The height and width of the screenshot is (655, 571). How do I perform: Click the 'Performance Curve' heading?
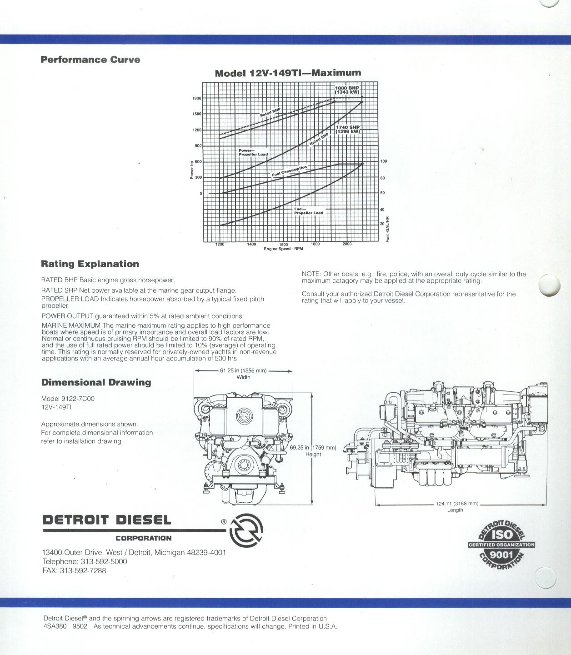pyautogui.click(x=90, y=60)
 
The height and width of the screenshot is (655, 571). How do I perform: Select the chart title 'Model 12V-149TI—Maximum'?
pyautogui.click(x=288, y=73)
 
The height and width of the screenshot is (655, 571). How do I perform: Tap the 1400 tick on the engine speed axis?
pyautogui.click(x=251, y=244)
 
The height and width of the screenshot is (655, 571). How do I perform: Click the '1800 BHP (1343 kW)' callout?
pyautogui.click(x=347, y=90)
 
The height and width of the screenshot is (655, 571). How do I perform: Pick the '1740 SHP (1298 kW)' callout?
pyautogui.click(x=348, y=129)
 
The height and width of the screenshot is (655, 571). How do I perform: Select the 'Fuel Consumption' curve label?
pyautogui.click(x=289, y=171)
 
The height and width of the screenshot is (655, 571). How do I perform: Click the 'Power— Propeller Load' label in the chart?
pyautogui.click(x=253, y=152)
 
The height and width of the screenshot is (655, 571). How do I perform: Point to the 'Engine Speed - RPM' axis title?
pyautogui.click(x=283, y=249)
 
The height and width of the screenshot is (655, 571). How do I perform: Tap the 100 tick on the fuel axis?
pyautogui.click(x=384, y=161)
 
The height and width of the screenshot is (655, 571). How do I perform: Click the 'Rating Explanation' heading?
pyautogui.click(x=90, y=264)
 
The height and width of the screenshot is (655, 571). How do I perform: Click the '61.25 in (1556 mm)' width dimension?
pyautogui.click(x=243, y=370)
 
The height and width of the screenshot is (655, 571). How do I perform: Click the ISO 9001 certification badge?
pyautogui.click(x=501, y=545)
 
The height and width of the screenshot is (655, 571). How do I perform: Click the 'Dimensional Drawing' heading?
pyautogui.click(x=96, y=382)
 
